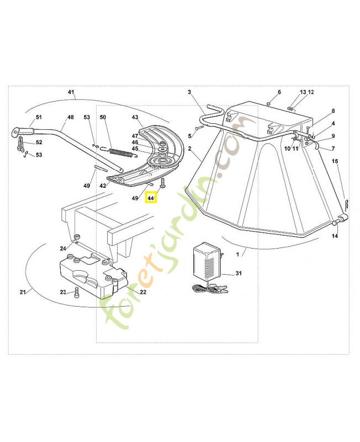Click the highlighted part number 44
151,197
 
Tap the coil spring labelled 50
120,151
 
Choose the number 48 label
71,117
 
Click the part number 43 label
135,117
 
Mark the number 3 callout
189,92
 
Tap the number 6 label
279,92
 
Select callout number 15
335,161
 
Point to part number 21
23,292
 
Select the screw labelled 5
200,128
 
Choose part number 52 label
39,143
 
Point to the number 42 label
103,186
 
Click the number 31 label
239,273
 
